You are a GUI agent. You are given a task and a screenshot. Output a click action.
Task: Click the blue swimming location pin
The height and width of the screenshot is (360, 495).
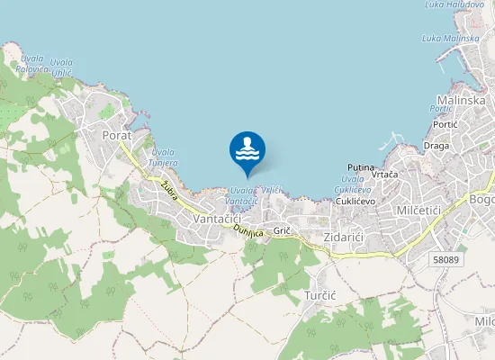(x=247, y=151)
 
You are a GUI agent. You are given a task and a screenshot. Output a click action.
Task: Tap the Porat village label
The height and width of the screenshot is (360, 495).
(x=117, y=135)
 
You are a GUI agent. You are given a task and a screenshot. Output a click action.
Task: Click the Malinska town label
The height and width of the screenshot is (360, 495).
(x=461, y=101)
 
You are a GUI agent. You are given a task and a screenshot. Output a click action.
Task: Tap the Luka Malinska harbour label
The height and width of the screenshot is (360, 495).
(x=450, y=38)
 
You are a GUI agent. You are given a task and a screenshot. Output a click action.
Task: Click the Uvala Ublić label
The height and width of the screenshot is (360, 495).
(x=62, y=67)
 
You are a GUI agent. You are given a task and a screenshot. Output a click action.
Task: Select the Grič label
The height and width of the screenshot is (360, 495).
(x=282, y=230)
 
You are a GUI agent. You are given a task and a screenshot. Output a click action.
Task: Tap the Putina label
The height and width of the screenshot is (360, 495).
(x=361, y=167)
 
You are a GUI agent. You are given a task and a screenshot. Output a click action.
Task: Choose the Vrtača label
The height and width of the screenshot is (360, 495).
(x=385, y=175)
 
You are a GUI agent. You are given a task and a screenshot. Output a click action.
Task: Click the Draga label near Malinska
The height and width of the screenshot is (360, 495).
(x=436, y=145)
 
